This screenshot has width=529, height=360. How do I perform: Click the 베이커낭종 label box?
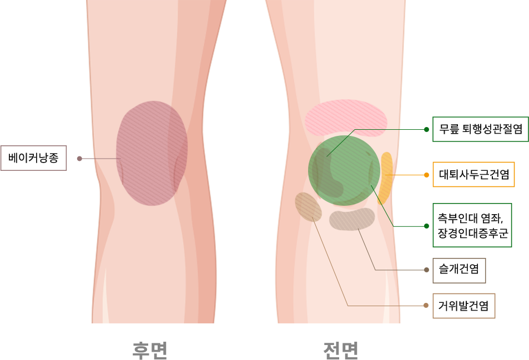coord(34,158)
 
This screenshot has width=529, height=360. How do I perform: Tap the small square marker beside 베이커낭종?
coord(79,158)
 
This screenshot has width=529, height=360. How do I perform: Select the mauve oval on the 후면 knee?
coord(151,154)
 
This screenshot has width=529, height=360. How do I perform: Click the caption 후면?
coord(150,349)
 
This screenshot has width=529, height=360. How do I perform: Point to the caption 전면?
coord(340,349)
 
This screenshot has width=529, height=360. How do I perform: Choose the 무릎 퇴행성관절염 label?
coord(480,129)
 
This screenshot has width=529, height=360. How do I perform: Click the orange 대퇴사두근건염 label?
coord(473,175)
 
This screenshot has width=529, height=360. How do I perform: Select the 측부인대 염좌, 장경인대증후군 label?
coord(472,225)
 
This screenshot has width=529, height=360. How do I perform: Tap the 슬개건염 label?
coord(459,270)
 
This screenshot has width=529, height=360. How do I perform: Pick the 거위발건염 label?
coord(463,306)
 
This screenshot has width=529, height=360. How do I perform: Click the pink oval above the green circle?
coord(346,118)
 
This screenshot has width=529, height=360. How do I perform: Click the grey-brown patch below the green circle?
coord(352,219)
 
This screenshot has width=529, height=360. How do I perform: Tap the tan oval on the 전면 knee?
coord(308,206)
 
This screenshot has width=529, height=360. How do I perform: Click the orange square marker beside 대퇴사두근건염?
coord(426,175)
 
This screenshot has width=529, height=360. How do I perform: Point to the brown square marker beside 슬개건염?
coord(427,270)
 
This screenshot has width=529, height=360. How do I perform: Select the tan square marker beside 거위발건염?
coord(427,305)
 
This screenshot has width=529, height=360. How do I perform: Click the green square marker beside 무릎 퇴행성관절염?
coord(426,129)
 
